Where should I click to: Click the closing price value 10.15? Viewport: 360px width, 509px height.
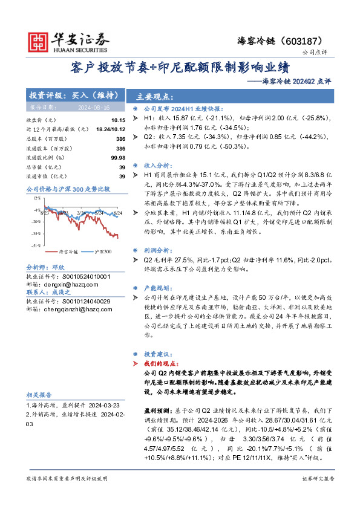(119, 120)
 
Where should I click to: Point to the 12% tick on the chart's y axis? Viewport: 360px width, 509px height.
(36, 198)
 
